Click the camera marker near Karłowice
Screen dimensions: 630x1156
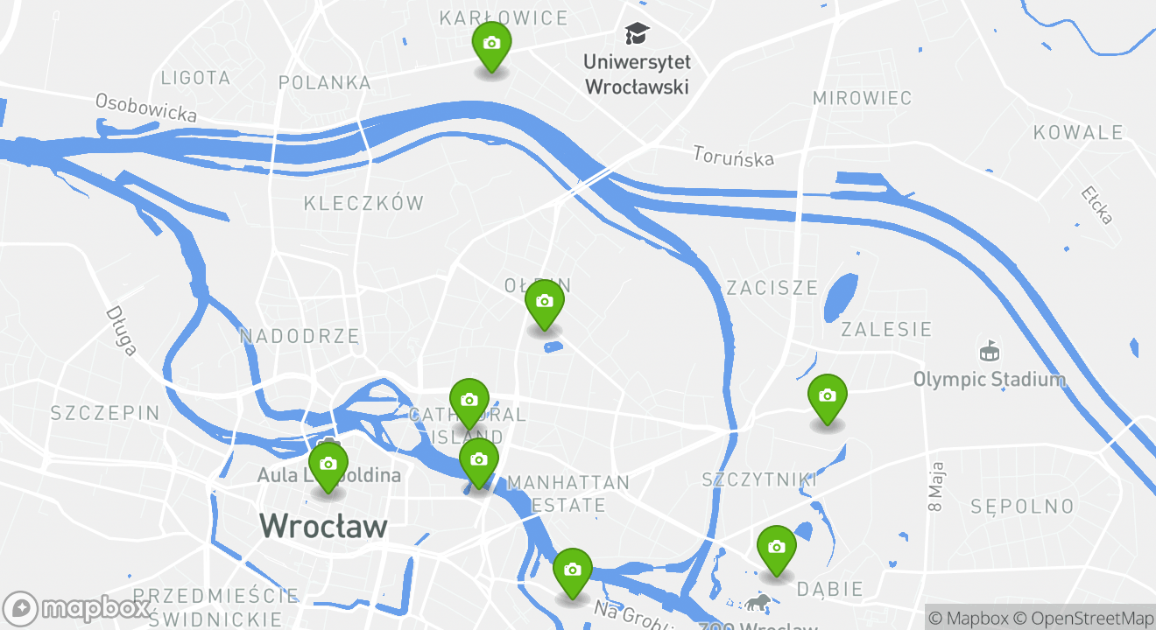491,44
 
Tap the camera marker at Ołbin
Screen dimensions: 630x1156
544,302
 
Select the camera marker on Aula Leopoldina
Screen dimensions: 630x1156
328,465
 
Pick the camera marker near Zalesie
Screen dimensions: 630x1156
827,396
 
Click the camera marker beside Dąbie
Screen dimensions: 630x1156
776,548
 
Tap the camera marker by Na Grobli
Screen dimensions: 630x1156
573,570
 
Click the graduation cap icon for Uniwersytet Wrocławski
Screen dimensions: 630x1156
637,34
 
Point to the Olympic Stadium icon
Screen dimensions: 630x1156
989,352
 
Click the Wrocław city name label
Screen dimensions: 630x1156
323,526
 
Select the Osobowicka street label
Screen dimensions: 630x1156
145,108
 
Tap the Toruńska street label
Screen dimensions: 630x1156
734,156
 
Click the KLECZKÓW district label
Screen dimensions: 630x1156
363,204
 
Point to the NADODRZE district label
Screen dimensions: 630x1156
300,336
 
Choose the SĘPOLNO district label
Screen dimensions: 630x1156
1022,507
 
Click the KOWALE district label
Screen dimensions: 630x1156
1078,133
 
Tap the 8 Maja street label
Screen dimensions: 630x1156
935,486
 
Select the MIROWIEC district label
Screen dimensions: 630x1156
862,98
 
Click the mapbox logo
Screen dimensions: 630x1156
77,608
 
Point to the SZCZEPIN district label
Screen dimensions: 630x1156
105,413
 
